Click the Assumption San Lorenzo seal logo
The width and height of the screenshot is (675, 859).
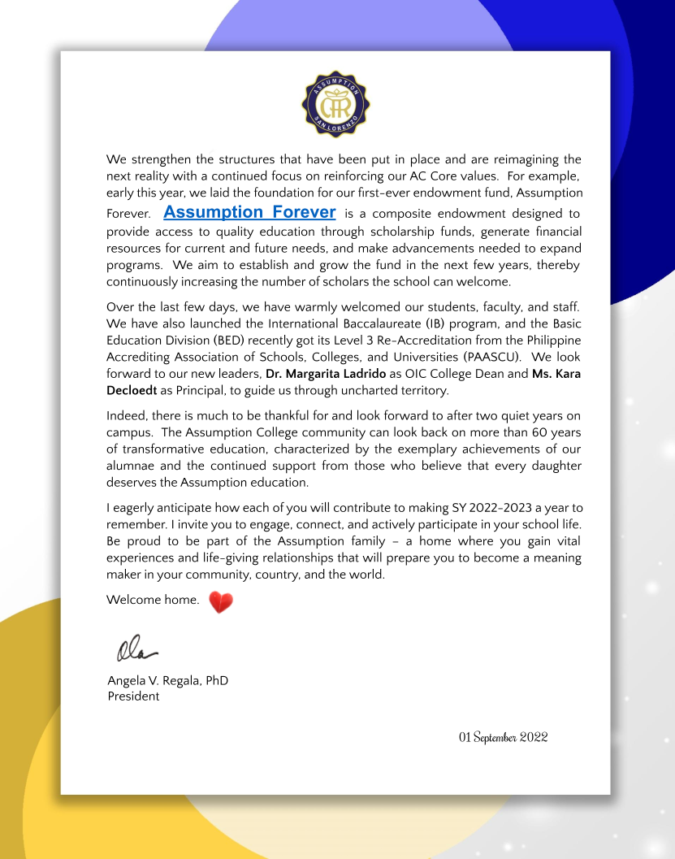click(335, 103)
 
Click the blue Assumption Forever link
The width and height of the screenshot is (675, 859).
click(249, 212)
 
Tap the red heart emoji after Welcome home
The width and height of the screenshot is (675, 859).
click(221, 602)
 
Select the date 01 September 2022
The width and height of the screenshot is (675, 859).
click(503, 737)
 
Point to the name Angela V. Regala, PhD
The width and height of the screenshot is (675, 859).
click(167, 680)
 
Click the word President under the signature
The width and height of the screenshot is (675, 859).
click(133, 696)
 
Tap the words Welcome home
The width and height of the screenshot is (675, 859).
click(153, 601)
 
